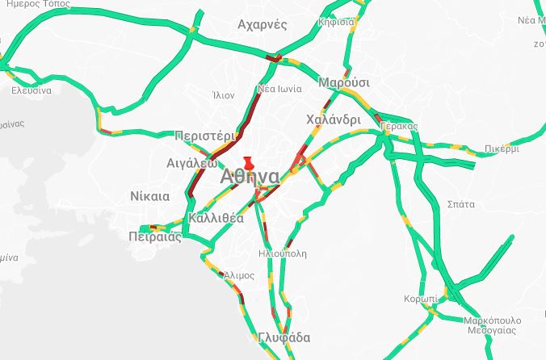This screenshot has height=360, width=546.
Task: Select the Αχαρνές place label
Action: (x=262, y=25)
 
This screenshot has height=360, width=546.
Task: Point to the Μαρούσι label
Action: (x=344, y=83)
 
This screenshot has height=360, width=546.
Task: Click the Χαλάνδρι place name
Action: (x=334, y=119)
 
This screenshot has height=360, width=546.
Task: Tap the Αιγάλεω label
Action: (x=191, y=162)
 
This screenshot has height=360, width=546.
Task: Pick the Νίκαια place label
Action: (x=149, y=196)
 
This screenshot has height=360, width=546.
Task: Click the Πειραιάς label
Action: (x=155, y=237)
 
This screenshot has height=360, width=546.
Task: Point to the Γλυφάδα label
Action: (x=284, y=337)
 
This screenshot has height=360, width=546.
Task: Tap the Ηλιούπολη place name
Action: (x=282, y=253)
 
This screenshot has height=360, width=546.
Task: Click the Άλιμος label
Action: (x=239, y=275)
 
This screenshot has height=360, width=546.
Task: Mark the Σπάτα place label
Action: (x=460, y=204)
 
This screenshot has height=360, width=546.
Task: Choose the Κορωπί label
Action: (x=420, y=299)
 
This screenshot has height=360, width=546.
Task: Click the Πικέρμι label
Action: (x=503, y=149)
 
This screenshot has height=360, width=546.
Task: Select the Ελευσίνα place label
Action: (x=31, y=90)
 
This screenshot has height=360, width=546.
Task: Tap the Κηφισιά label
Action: (x=336, y=22)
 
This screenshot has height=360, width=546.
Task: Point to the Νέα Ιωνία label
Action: (x=279, y=89)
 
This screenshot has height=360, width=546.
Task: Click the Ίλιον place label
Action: (x=223, y=95)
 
